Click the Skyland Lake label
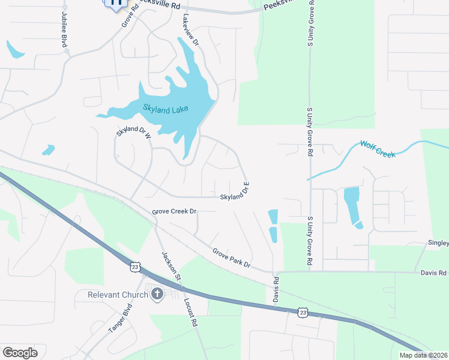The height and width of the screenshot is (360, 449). tap(166, 109)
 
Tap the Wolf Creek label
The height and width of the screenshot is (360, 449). tap(378, 149)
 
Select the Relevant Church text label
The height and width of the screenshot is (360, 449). tap(117, 295)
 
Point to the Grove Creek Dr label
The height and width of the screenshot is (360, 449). tap(174, 212)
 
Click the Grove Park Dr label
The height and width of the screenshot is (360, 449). tap(231, 257)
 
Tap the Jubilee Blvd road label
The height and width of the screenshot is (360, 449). tap(64, 29)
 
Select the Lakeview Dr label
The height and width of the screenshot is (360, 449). tap(190, 31)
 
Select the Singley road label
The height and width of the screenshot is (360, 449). tap(438, 242)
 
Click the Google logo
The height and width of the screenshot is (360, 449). tap(20, 352)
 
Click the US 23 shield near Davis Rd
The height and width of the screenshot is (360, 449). tap(304, 312)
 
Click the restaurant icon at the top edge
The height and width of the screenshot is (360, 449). tap(116, 2)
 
